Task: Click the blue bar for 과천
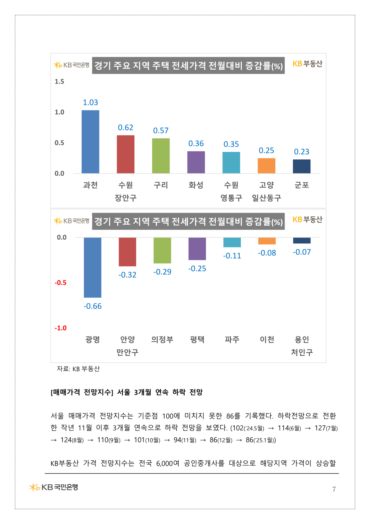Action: [x=90, y=142]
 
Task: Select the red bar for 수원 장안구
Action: [x=125, y=154]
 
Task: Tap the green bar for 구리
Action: [x=161, y=156]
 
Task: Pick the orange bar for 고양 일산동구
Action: [x=266, y=166]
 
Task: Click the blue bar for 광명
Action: [x=92, y=267]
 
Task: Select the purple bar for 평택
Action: [x=197, y=249]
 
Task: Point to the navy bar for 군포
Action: [x=302, y=166]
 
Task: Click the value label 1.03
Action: [x=90, y=103]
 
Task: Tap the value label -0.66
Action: [x=92, y=306]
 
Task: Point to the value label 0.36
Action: [x=196, y=143]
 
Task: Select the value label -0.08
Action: [x=267, y=253]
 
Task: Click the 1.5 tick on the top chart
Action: [x=59, y=82]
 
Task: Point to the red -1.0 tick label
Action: [x=61, y=328]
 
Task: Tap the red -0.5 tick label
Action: [x=61, y=283]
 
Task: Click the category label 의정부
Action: [x=162, y=339]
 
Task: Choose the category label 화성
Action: [x=196, y=185]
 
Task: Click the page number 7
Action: [x=334, y=489]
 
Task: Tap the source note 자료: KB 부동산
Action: [x=78, y=369]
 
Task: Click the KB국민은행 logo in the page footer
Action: [x=54, y=487]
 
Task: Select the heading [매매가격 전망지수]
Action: [x=82, y=392]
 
